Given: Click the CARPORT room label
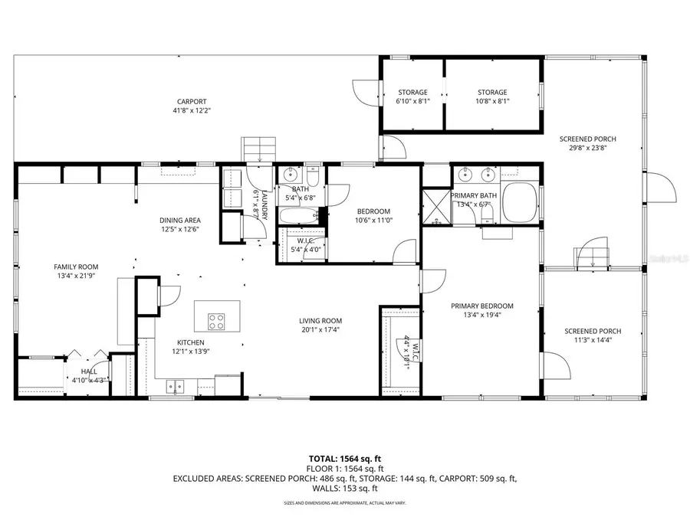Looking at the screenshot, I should tap(192, 101).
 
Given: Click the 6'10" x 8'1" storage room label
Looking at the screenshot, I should tap(412, 93).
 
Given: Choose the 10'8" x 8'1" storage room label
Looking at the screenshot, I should tap(492, 93).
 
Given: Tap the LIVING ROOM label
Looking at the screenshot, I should tap(320, 321).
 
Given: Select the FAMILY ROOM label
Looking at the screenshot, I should tap(76, 267).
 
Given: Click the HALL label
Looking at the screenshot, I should tap(89, 371).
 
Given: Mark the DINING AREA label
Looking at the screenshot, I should tap(180, 220).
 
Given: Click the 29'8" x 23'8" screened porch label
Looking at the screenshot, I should tap(587, 139).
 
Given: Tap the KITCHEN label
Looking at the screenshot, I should tap(190, 342).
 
